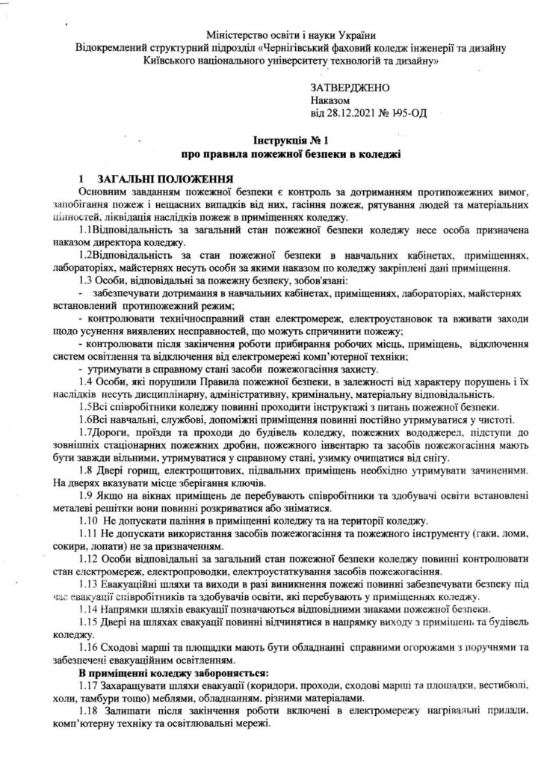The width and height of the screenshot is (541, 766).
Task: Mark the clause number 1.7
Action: (x=85, y=434)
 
